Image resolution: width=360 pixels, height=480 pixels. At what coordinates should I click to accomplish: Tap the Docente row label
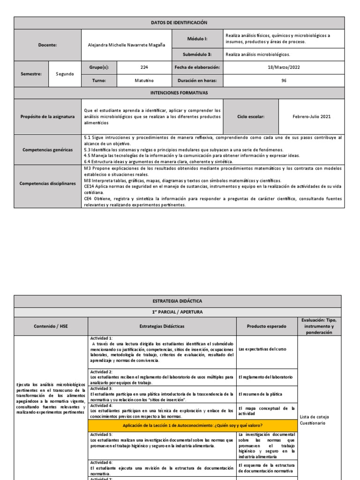(48, 45)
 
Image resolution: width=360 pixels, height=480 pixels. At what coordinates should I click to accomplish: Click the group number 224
(144, 67)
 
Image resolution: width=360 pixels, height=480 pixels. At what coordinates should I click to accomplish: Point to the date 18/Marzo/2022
(284, 67)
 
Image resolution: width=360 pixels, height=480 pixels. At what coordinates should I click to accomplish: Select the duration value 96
(284, 80)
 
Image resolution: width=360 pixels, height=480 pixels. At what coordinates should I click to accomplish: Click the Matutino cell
(144, 80)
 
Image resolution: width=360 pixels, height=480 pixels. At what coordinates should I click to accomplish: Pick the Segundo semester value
(65, 74)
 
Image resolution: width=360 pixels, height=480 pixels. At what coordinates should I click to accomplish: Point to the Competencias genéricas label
(48, 150)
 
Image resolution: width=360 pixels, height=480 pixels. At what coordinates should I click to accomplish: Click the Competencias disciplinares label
(48, 183)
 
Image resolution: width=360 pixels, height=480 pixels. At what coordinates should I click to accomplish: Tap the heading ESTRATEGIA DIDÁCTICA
(178, 301)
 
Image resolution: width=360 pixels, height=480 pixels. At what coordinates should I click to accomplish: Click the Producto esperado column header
(266, 326)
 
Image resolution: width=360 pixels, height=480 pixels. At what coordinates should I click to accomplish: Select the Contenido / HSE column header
(51, 326)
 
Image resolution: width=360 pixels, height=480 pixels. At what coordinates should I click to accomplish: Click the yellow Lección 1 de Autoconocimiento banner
(192, 425)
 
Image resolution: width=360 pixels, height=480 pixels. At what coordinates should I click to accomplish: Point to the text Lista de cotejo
(314, 416)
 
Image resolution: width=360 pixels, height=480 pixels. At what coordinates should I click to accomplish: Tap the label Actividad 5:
(101, 435)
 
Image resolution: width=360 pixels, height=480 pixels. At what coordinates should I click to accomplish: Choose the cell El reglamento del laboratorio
(266, 377)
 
